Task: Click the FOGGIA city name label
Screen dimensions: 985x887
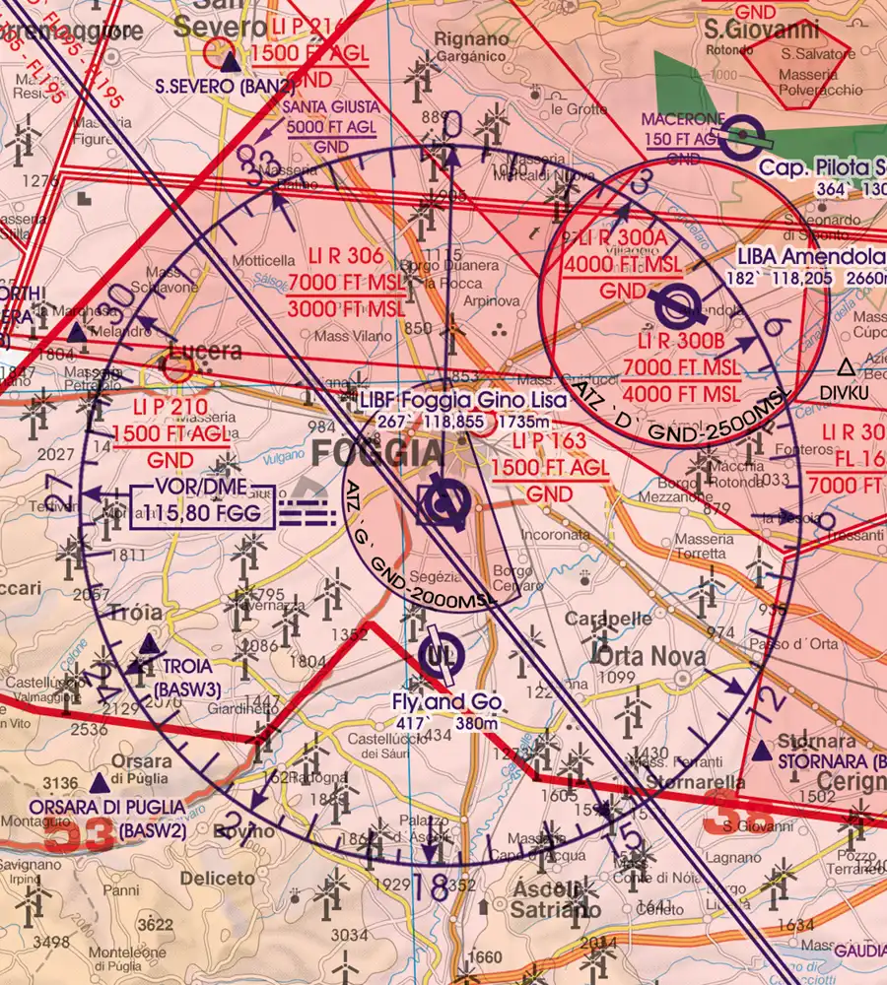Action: pyautogui.click(x=378, y=453)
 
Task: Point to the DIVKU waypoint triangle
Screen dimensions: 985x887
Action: pyautogui.click(x=845, y=368)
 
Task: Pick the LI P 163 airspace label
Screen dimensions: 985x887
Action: pyautogui.click(x=543, y=442)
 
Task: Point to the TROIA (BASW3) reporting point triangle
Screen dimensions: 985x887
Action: pyautogui.click(x=149, y=644)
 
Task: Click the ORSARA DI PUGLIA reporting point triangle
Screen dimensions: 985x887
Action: pyautogui.click(x=99, y=784)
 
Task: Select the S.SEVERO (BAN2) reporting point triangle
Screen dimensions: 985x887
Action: pyautogui.click(x=230, y=64)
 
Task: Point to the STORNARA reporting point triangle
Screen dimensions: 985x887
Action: pyautogui.click(x=761, y=752)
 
